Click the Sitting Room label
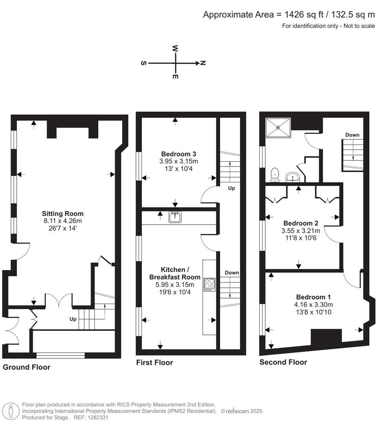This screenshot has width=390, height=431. click(63, 214)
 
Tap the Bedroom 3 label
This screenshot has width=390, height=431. click(178, 154)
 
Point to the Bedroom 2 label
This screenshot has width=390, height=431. click(300, 223)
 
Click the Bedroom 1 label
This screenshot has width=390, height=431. click(313, 297)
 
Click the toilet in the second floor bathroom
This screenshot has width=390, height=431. click(275, 174)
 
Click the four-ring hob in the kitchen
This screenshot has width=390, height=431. click(209, 284)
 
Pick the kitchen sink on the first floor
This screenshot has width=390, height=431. click(175, 217)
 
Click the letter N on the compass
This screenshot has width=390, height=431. click(203, 63)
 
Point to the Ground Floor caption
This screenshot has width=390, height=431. click(26, 367)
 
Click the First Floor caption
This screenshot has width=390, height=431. click(155, 362)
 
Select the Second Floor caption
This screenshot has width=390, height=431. click(283, 362)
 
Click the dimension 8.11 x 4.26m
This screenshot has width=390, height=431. click(63, 221)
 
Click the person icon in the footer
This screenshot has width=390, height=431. click(11, 411)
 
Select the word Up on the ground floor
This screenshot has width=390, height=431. click(73, 319)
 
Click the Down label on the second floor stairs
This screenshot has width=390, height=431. click(352, 135)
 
